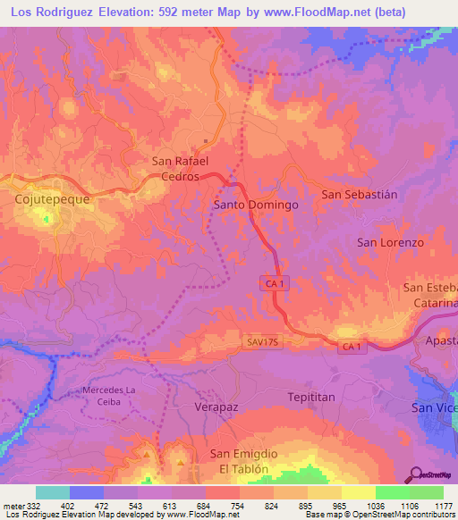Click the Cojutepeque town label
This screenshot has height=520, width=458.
52,199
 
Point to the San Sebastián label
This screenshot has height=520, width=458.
359,193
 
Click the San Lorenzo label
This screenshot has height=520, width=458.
390,242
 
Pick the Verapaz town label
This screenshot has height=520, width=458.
217,406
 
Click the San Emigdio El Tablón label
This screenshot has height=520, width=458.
244,461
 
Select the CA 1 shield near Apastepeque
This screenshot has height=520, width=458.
352,346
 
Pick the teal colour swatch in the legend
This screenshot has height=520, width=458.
53,492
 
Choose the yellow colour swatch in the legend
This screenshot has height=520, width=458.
359,492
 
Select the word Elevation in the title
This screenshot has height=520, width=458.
131,13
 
